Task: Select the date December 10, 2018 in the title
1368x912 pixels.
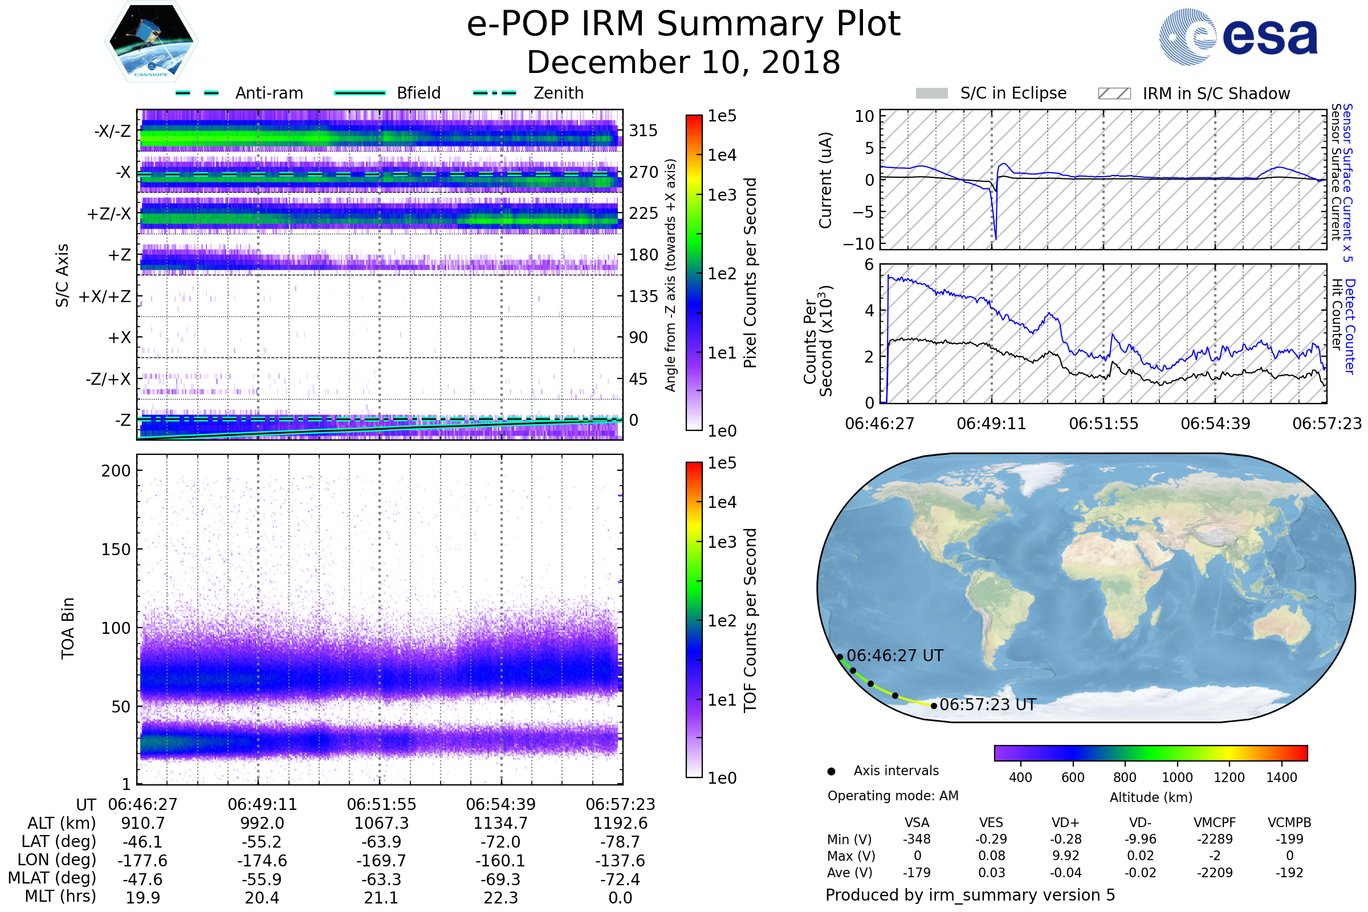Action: (683, 63)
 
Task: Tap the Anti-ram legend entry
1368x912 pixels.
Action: (268, 93)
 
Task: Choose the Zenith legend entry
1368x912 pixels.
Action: (558, 93)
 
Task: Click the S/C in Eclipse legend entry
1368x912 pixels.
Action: (1013, 93)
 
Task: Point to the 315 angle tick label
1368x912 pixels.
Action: (643, 131)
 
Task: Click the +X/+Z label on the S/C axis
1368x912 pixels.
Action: (105, 296)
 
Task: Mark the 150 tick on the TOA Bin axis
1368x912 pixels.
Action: (116, 549)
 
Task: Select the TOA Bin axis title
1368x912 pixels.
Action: (68, 628)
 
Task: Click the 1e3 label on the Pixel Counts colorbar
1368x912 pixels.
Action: (722, 196)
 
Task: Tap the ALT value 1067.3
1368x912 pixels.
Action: (381, 824)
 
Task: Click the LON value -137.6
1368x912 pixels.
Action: (620, 861)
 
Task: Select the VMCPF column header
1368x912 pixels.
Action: (1215, 823)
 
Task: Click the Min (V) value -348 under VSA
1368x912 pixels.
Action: (917, 839)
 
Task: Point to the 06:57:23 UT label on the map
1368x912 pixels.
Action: (988, 705)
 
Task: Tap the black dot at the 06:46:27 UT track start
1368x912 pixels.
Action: (840, 657)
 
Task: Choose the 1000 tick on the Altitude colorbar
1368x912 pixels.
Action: (1176, 777)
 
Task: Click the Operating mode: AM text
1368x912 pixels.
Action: (893, 796)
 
